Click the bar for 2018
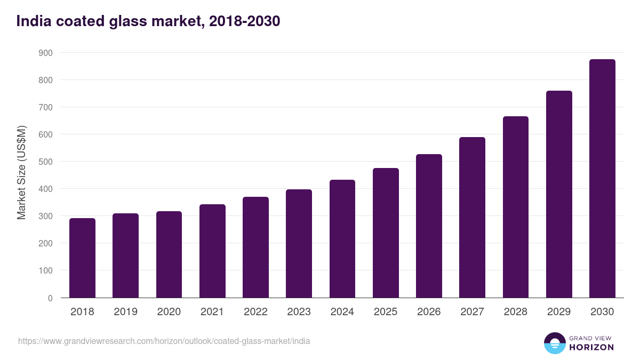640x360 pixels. (x=82, y=258)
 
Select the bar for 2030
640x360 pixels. (x=602, y=179)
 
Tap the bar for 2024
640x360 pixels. (x=342, y=239)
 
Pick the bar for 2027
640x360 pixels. (x=472, y=218)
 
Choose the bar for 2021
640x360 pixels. (x=212, y=251)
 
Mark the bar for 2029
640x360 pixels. (x=559, y=194)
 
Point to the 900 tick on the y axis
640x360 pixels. (x=45, y=53)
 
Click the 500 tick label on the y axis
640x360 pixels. (x=45, y=162)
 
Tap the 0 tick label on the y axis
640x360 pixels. (x=50, y=298)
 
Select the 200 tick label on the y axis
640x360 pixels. (x=45, y=243)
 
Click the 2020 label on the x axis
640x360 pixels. (x=169, y=312)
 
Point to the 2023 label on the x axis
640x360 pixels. (x=299, y=312)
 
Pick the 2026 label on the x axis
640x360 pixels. (x=429, y=312)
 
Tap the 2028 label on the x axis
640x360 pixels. (x=515, y=312)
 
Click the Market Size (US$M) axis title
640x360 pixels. (x=21, y=172)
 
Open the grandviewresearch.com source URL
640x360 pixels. (x=164, y=341)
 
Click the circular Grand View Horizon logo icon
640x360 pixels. (x=555, y=343)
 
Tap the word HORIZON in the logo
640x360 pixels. (x=591, y=347)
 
